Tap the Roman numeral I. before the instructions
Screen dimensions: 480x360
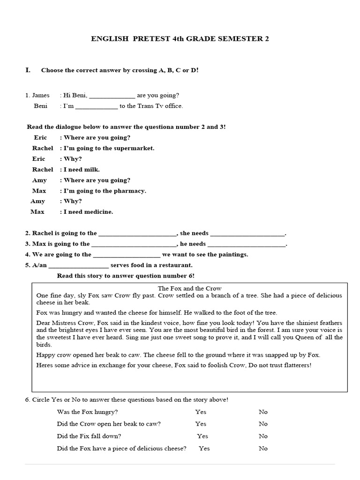28,70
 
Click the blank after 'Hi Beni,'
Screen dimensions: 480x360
112,95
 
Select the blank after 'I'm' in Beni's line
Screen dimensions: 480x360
97,106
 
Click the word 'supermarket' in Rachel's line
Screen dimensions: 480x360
136,148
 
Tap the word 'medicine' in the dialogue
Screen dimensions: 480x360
98,212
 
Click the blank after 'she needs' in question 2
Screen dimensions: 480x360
247,233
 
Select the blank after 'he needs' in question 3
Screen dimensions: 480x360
246,244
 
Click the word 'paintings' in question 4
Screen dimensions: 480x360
232,255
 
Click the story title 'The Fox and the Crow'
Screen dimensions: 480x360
189,288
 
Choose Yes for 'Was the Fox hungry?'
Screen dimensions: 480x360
201,412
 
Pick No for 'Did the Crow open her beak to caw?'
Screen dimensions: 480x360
263,424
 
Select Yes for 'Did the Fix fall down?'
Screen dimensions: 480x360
202,436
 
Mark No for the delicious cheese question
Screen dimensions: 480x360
263,448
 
